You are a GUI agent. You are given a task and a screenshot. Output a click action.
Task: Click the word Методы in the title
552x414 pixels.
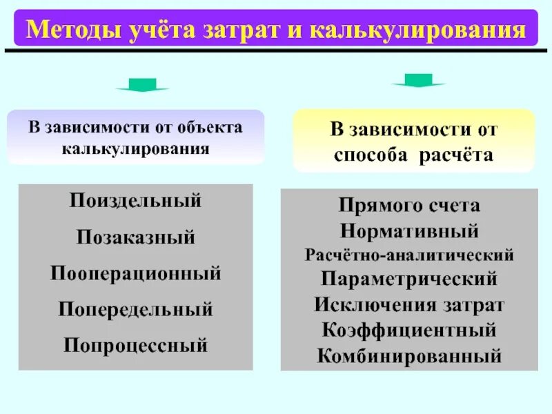68,30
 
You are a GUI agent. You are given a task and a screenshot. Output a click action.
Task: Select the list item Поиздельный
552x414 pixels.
135,201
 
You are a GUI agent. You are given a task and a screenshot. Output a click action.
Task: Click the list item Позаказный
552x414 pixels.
135,238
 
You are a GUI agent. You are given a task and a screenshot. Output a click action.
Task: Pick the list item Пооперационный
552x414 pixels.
135,273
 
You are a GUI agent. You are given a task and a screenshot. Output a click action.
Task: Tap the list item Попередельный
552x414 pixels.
135,309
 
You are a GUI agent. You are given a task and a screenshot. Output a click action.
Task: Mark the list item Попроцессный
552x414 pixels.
135,344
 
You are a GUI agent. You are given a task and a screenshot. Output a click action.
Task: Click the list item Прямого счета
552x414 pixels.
410,206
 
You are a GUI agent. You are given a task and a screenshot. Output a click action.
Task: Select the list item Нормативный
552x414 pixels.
410,230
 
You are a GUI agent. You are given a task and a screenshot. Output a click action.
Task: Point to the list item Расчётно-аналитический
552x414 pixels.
410,255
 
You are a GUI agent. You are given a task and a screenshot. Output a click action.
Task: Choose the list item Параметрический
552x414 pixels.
410,280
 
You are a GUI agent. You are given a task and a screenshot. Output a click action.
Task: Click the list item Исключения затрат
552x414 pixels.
410,305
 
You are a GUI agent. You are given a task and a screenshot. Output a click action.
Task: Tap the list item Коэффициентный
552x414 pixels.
410,330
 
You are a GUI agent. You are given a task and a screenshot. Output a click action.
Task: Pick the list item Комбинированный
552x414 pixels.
410,356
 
